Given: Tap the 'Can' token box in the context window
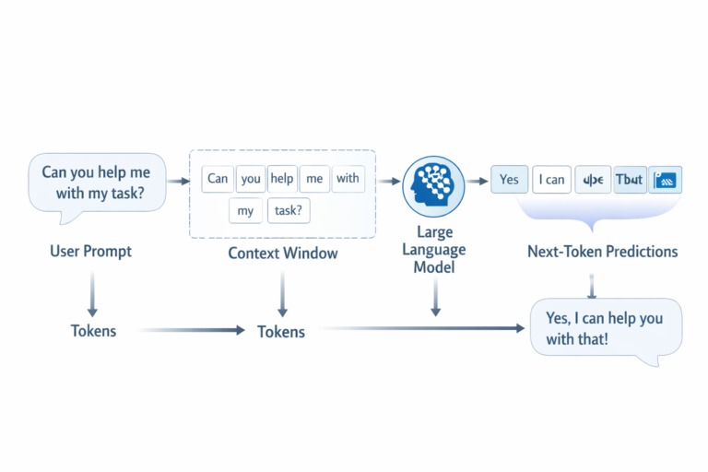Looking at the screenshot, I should coord(218,179).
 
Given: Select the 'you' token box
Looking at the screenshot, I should coord(250,179).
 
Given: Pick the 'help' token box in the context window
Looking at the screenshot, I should coord(281,179).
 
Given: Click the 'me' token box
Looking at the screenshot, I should coord(314,179).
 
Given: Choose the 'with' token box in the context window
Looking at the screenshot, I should coord(348,179).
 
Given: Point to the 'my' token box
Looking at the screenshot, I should coord(245,211).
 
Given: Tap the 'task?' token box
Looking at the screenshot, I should coord(288,211).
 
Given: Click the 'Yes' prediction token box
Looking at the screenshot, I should coord(509,180).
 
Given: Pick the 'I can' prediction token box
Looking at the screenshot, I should coord(551,180).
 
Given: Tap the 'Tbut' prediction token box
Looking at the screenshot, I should coord(629,180).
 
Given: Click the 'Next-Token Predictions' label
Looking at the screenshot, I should coord(602,252).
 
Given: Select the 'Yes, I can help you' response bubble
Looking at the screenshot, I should coord(606,328).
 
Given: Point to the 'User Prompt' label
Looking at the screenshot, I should coord(90,251).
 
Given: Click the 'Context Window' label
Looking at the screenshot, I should coord(282,253).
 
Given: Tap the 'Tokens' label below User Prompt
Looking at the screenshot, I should coord(93,330).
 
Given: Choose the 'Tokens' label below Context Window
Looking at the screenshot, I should coord(281,331).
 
